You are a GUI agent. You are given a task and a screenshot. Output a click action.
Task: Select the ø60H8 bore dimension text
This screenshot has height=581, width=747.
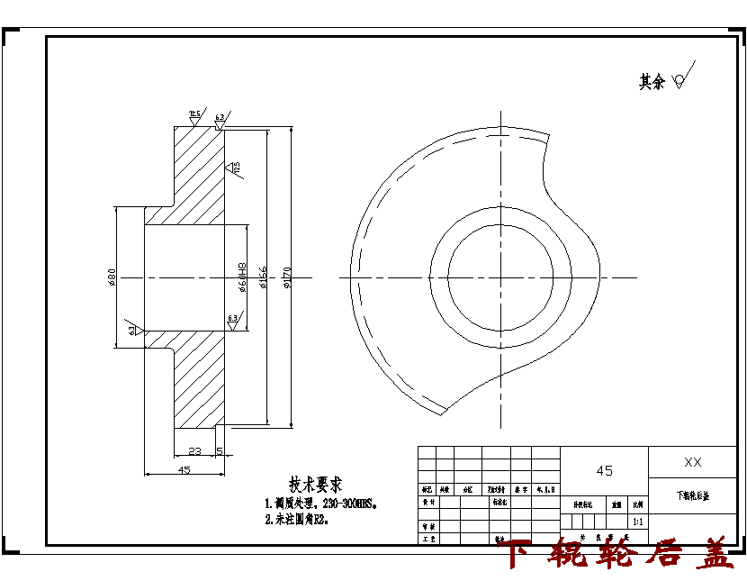coord(242,277)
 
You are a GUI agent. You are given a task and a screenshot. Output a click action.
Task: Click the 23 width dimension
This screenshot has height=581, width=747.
coord(194,449)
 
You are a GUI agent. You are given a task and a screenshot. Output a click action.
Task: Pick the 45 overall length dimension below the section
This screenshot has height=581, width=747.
coord(184,469)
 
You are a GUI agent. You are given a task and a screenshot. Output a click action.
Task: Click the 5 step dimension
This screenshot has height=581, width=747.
coord(220,449)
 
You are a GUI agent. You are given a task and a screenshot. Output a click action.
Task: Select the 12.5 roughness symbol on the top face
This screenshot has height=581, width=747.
coord(194,115)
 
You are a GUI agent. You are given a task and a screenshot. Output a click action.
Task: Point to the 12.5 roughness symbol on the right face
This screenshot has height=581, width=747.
coord(235,168)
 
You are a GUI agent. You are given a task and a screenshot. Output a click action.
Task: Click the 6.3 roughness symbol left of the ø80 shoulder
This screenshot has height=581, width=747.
coord(133,330)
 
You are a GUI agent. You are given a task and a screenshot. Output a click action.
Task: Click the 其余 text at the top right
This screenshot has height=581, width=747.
coord(651,82)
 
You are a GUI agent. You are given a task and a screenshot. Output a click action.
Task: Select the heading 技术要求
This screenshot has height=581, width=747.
coord(314,485)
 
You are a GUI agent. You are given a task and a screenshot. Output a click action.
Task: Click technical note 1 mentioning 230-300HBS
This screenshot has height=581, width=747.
coord(319,504)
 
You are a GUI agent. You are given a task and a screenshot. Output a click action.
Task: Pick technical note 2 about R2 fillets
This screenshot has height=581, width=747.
coord(296,520)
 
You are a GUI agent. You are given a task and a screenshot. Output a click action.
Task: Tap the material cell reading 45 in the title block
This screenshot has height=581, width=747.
coord(604,470)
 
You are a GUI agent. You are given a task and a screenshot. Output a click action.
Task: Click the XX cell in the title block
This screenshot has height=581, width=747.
coord(692,462)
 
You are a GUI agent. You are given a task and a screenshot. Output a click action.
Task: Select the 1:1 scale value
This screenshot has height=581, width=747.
coord(638,521)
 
